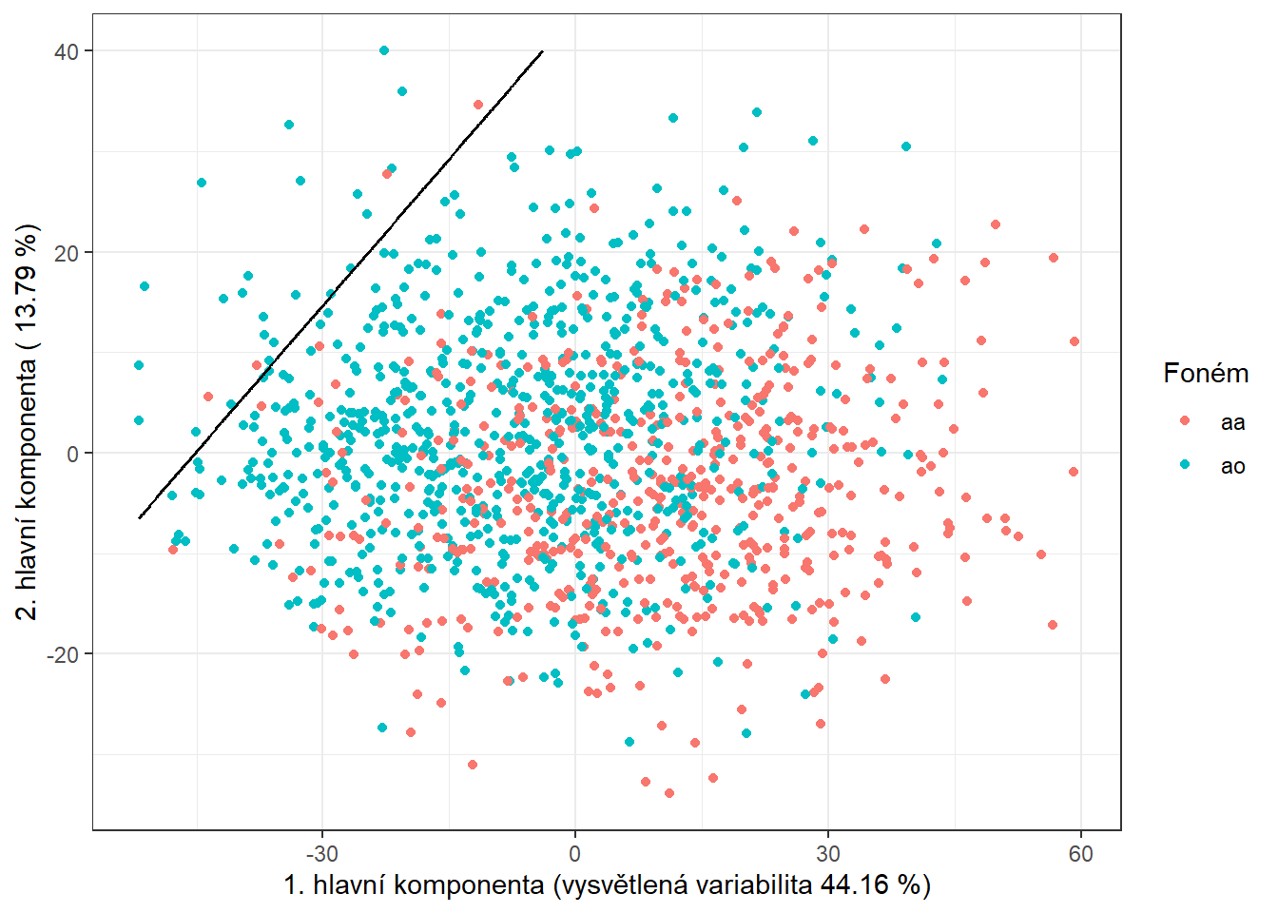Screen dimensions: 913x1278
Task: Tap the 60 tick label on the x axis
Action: (1080, 853)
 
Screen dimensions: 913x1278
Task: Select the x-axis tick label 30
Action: (827, 853)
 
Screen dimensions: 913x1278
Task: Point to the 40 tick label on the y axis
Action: (67, 51)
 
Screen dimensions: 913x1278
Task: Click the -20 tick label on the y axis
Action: (63, 654)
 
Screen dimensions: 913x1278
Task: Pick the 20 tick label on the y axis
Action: (67, 253)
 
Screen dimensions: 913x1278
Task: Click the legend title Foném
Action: (1205, 374)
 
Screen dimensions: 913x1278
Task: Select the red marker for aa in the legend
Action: (1185, 420)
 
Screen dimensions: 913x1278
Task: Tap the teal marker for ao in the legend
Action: (1185, 464)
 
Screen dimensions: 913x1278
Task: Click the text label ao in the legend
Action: (1232, 466)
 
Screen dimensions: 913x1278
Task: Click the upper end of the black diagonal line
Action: (542, 51)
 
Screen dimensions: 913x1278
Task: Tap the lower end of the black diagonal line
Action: (140, 517)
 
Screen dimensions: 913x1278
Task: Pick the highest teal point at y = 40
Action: (384, 50)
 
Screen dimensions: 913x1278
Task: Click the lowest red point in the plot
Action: (669, 792)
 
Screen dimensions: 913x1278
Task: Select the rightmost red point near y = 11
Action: (1074, 341)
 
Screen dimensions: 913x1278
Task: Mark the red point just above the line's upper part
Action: (478, 105)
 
